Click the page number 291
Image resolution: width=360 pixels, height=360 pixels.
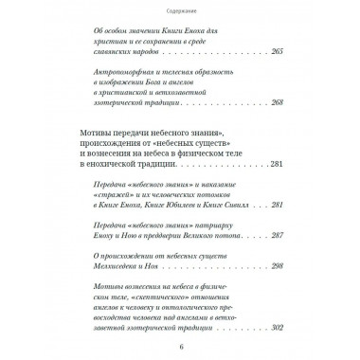[x=277, y=231]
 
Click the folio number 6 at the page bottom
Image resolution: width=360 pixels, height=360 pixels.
[x=180, y=346]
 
